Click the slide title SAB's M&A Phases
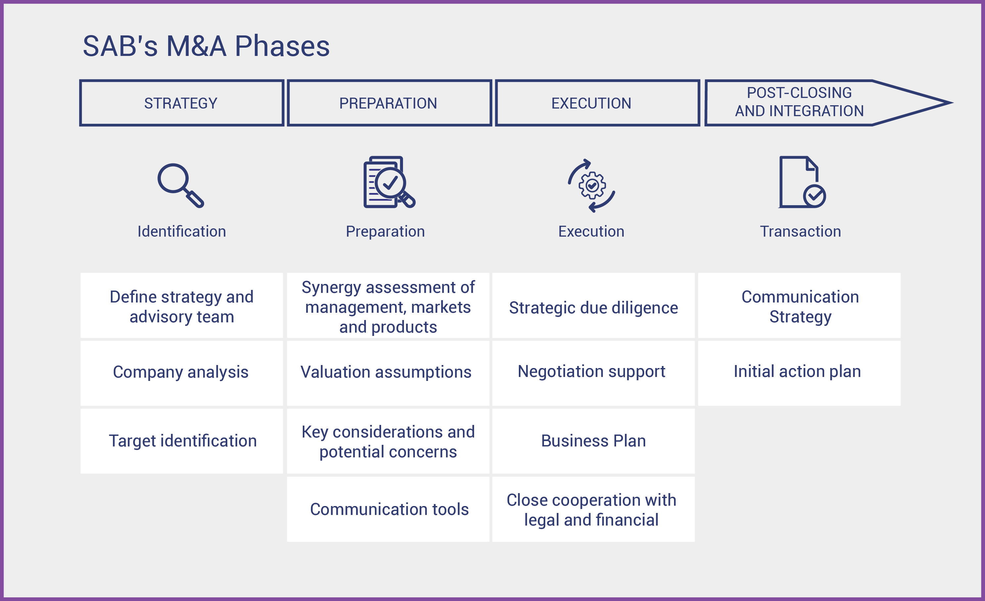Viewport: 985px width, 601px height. click(206, 46)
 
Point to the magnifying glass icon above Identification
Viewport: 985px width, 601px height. click(181, 186)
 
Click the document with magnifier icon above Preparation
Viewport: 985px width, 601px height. click(389, 182)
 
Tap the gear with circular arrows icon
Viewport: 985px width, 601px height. click(592, 186)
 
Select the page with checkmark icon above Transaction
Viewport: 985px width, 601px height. click(802, 182)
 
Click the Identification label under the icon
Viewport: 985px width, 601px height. click(182, 232)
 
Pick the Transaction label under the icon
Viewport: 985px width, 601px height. click(800, 232)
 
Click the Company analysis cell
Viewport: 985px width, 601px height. click(182, 373)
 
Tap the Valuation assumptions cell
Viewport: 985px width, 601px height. click(388, 373)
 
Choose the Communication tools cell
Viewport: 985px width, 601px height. click(388, 509)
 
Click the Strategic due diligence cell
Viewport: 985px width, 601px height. click(593, 305)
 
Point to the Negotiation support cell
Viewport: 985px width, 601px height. click(593, 373)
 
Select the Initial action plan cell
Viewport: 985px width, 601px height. click(799, 373)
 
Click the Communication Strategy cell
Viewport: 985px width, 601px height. click(799, 305)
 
